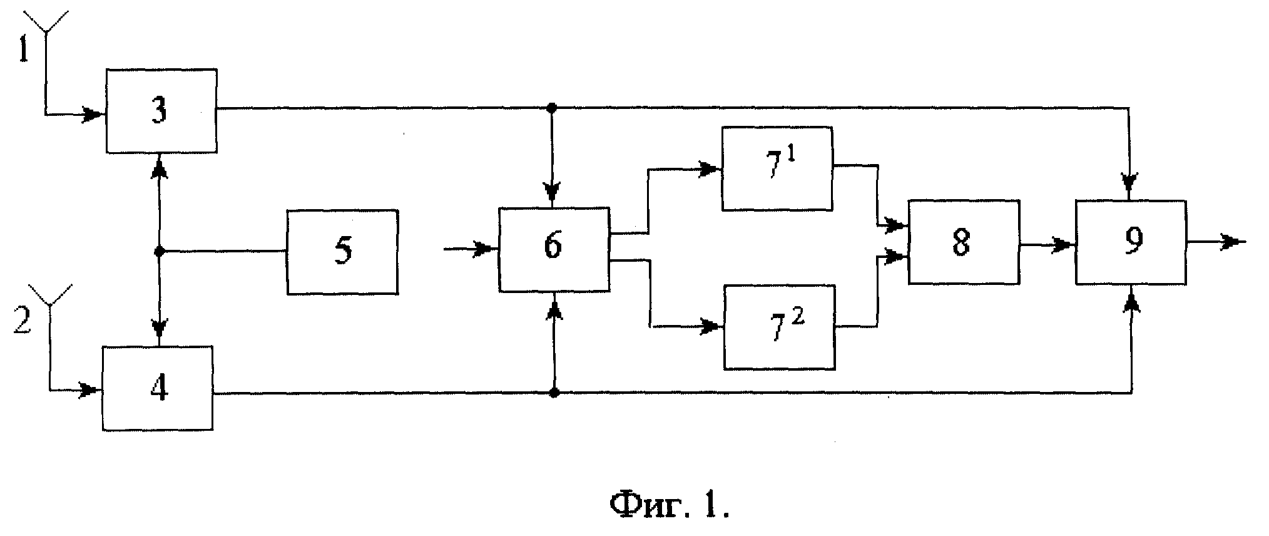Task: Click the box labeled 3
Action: point(161,111)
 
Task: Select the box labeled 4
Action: point(158,388)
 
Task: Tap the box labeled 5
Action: point(342,252)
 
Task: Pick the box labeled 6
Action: point(554,249)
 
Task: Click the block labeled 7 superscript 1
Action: point(777,168)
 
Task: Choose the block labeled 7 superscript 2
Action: point(780,327)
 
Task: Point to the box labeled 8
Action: point(964,242)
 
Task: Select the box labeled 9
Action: point(1131,242)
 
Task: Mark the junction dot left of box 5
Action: point(159,252)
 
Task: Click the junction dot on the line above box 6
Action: point(551,108)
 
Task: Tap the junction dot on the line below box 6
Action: point(554,393)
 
